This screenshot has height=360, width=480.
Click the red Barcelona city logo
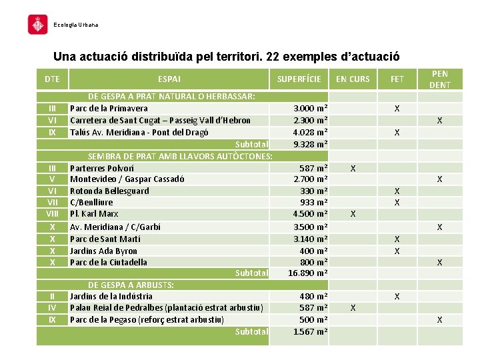coord(37,25)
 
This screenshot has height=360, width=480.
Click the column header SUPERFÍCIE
coord(299,79)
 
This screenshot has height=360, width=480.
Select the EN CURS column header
coord(353,79)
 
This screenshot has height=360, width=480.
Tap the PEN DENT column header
coord(439,79)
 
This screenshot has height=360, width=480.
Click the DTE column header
coord(52,79)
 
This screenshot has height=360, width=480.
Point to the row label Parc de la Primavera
coord(109,108)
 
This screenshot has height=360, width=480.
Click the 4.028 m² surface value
coord(311,132)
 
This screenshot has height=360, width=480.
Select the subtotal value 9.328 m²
coord(311,144)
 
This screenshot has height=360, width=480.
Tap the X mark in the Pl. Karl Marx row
coord(353,214)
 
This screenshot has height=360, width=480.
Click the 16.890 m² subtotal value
coord(307,273)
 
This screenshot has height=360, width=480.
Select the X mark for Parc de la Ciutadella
coord(439,263)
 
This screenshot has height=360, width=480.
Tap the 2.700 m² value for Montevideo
coord(311,179)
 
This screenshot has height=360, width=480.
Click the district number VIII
coord(52,214)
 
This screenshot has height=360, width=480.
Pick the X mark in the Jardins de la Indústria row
coord(397,296)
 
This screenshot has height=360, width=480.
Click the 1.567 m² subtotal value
coord(311,331)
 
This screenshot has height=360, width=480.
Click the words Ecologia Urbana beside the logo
coord(75,25)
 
